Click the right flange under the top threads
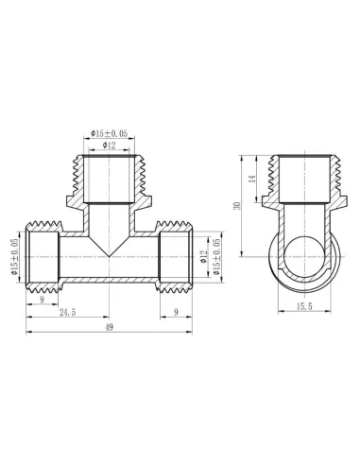[x=141, y=202]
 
